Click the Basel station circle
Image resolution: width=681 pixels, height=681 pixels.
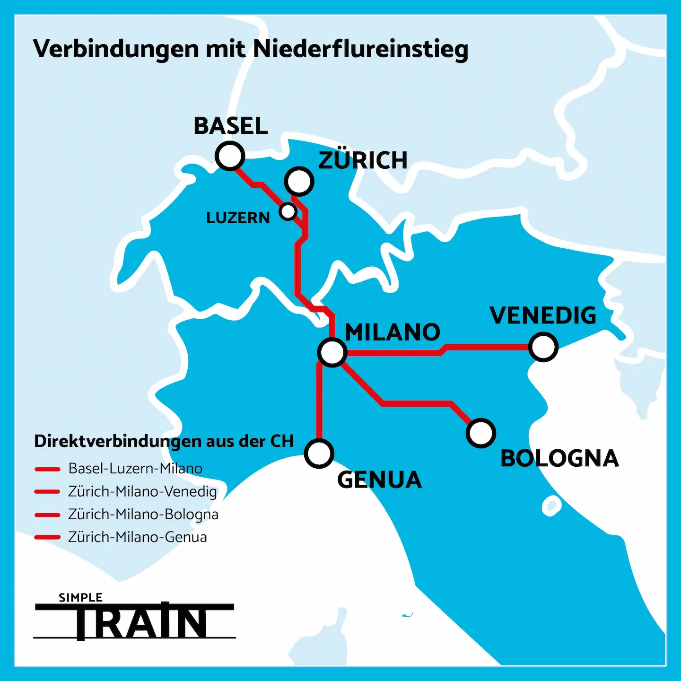pyautogui.click(x=230, y=156)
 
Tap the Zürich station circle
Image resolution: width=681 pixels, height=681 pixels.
pyautogui.click(x=299, y=181)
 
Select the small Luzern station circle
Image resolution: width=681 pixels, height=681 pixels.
pyautogui.click(x=288, y=211)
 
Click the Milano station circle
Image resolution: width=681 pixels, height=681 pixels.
pyautogui.click(x=332, y=352)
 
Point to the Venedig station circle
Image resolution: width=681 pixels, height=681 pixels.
pyautogui.click(x=543, y=347)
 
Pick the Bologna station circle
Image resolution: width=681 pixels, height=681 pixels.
pyautogui.click(x=481, y=433)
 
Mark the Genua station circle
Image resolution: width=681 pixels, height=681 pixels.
pyautogui.click(x=319, y=453)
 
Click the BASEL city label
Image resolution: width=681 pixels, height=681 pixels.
pyautogui.click(x=231, y=126)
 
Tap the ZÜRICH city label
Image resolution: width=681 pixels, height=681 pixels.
pyautogui.click(x=363, y=160)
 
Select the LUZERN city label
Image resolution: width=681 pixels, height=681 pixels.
pyautogui.click(x=238, y=218)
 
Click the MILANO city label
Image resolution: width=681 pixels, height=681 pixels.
pyautogui.click(x=393, y=332)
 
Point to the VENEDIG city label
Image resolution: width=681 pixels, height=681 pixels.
pyautogui.click(x=543, y=315)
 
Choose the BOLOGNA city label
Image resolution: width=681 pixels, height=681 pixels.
pyautogui.click(x=559, y=458)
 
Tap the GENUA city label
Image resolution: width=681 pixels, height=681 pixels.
pyautogui.click(x=379, y=480)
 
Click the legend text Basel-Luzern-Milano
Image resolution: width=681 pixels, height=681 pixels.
pyautogui.click(x=135, y=469)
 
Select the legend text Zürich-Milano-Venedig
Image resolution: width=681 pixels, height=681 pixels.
pyautogui.click(x=142, y=492)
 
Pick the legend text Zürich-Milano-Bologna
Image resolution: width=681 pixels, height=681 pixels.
pyautogui.click(x=143, y=515)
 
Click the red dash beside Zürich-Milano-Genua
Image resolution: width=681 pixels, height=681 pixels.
pyautogui.click(x=47, y=537)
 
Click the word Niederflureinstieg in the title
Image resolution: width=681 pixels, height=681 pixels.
pyautogui.click(x=361, y=49)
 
